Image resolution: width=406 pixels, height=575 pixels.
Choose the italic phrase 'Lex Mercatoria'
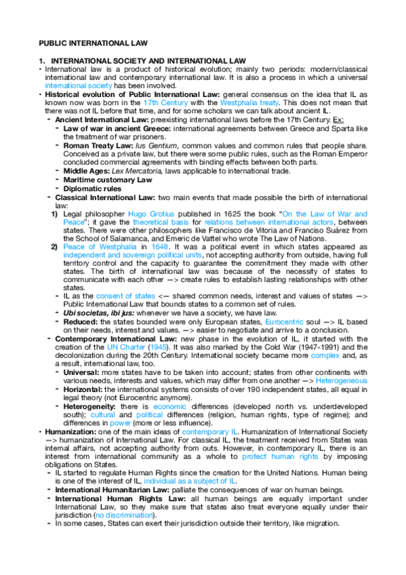[139, 172]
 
